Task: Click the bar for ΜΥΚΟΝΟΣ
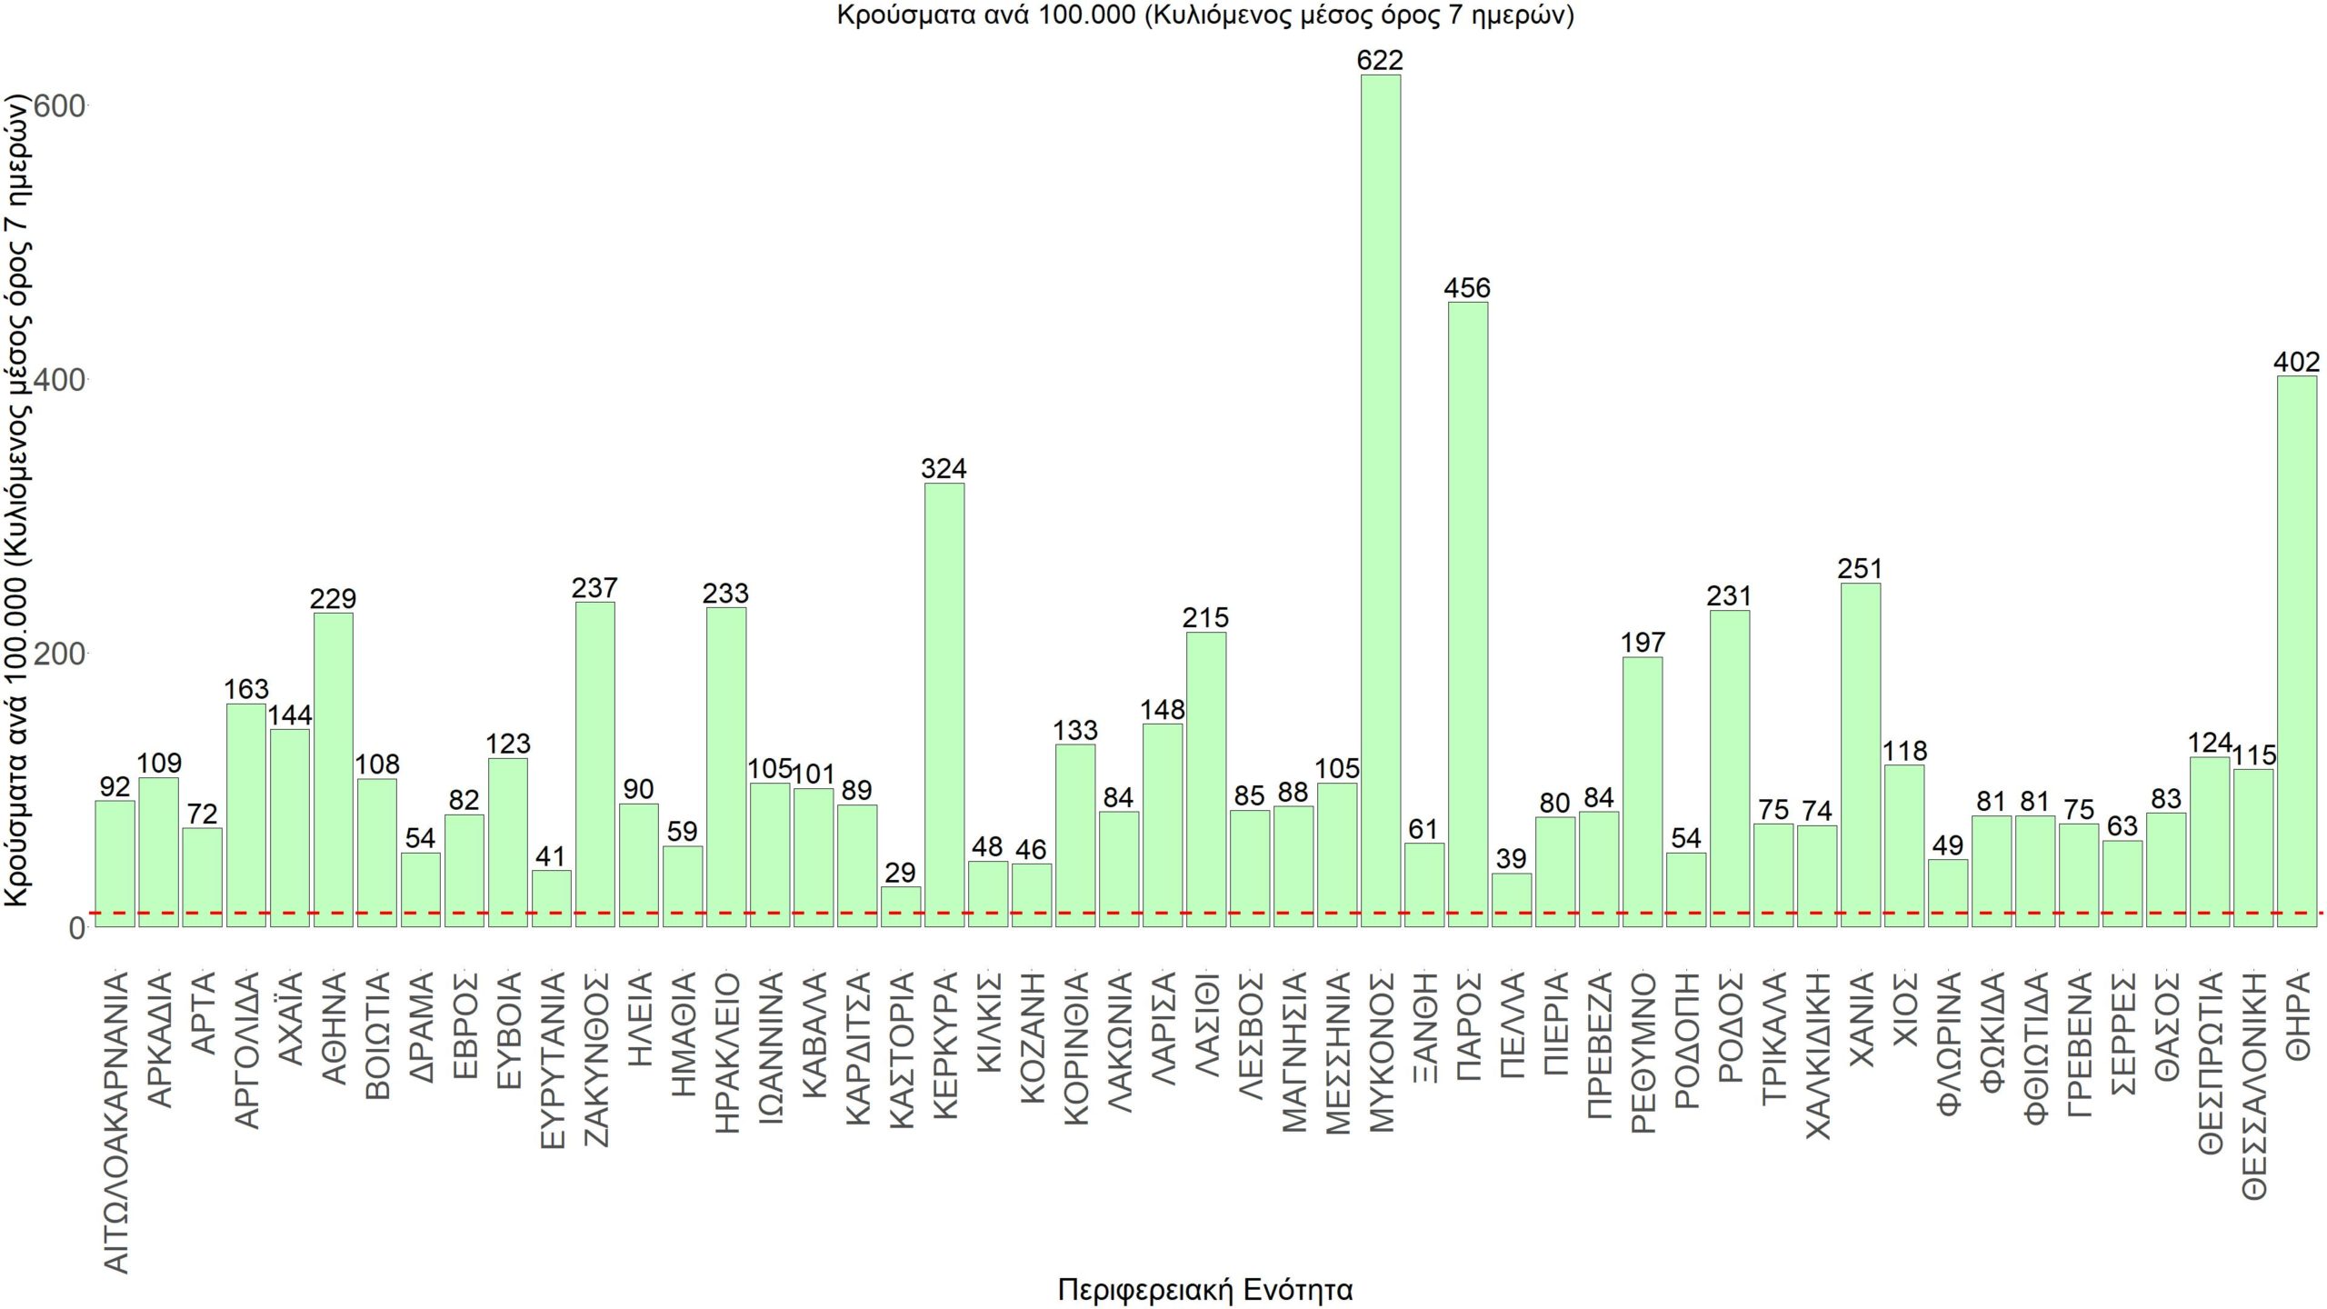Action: coord(1380,500)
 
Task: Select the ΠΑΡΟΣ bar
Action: coord(1467,614)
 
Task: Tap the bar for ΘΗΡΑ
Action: coord(2296,651)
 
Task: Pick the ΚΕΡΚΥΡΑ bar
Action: coord(944,704)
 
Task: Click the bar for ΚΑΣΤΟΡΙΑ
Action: coord(900,906)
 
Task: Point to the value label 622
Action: coord(1380,60)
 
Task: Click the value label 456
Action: coord(1467,288)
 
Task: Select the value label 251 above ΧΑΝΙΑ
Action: coord(1860,569)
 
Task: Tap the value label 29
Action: coord(900,873)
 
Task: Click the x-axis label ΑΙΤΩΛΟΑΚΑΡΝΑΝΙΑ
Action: coord(115,1123)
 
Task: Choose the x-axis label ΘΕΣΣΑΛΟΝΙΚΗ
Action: coord(2253,1085)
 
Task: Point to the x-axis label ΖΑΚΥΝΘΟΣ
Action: coord(595,1059)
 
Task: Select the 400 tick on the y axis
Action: coord(59,380)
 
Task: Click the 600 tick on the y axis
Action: coord(59,106)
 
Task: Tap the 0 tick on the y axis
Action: coord(76,928)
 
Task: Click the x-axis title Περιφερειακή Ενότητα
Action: coord(1205,1289)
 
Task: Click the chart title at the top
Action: coord(1205,15)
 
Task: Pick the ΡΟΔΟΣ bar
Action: coord(1729,768)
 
